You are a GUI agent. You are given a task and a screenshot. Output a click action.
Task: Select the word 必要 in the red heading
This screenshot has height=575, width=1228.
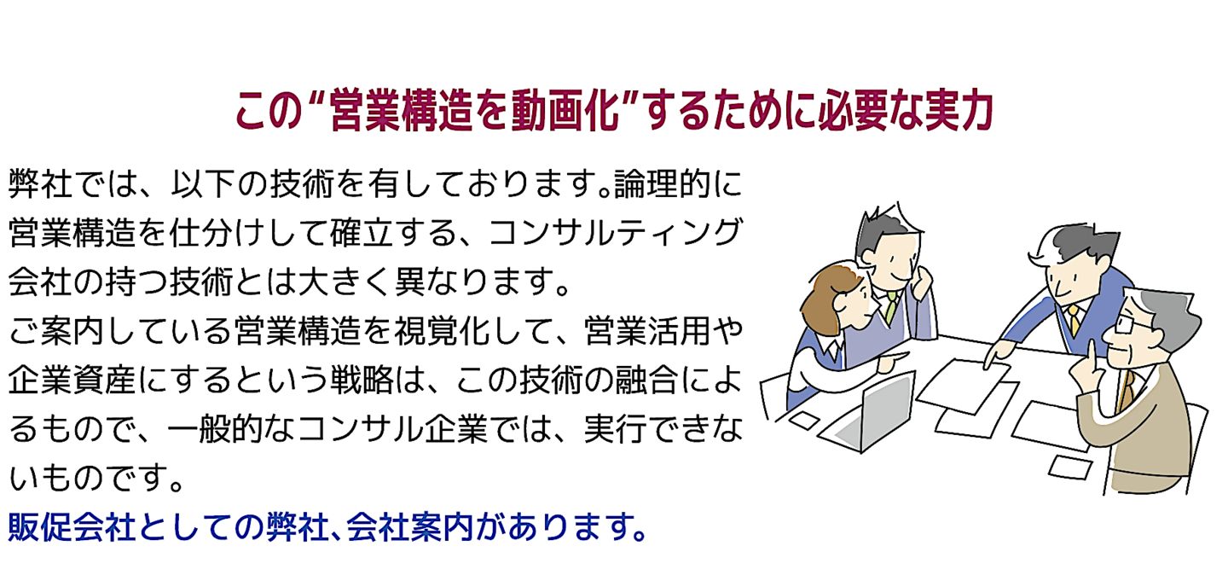(853, 112)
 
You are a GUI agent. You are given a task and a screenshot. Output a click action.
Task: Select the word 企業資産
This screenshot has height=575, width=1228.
(72, 380)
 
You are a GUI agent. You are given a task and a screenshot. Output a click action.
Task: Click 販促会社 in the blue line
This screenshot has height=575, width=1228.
(72, 526)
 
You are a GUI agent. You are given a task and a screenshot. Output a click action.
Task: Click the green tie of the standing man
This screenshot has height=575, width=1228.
(891, 307)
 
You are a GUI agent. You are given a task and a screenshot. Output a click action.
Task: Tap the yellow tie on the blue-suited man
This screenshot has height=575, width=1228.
(1074, 320)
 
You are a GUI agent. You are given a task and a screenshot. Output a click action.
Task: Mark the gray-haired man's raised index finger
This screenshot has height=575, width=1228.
(1091, 354)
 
